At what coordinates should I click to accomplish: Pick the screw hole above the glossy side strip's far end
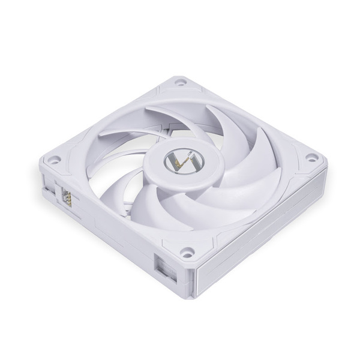[310, 157]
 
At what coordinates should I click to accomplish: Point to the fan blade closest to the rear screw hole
[174, 117]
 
